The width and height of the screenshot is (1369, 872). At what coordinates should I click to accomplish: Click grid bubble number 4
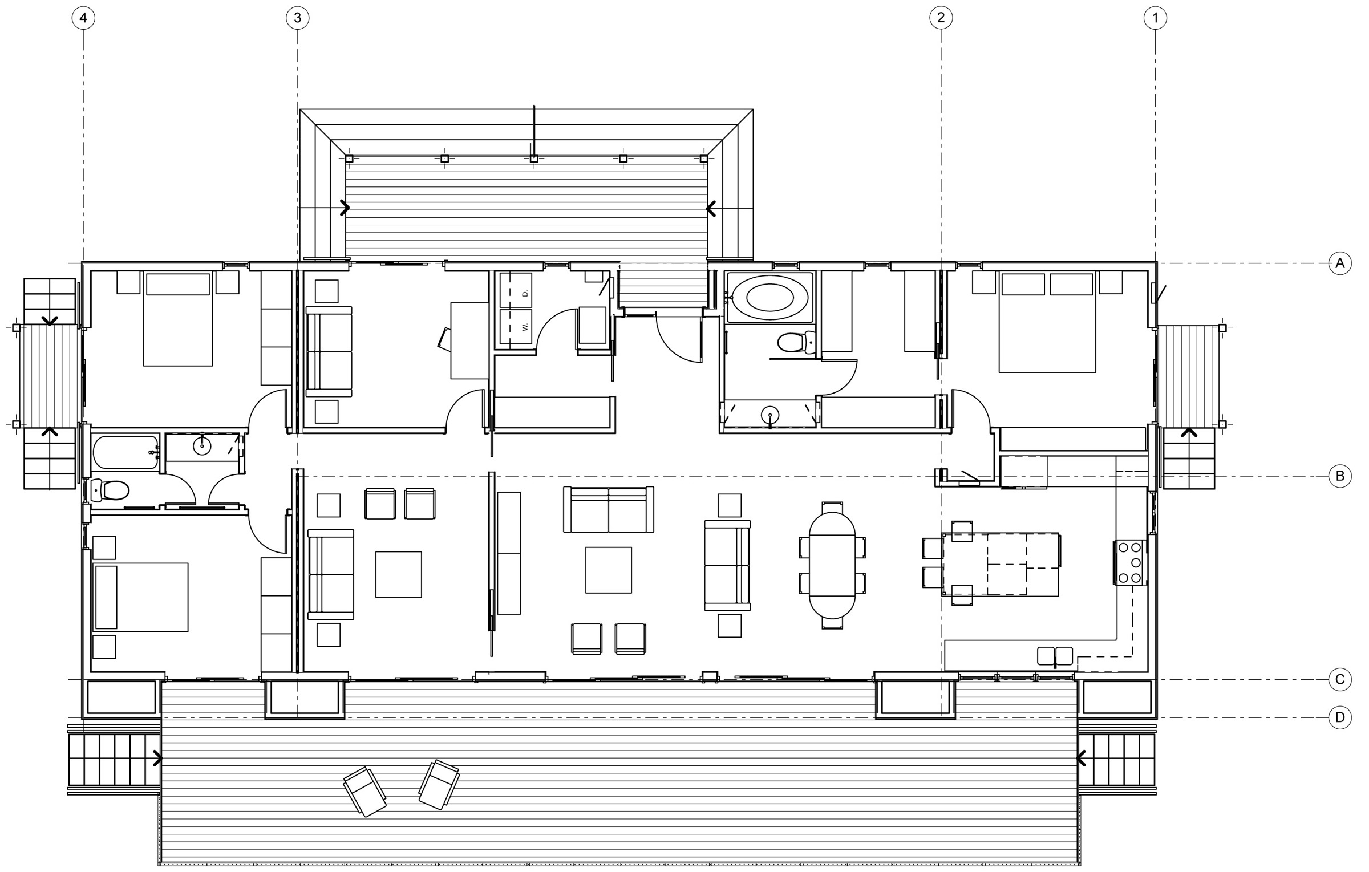click(83, 18)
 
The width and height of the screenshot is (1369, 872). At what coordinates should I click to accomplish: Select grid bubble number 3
click(297, 18)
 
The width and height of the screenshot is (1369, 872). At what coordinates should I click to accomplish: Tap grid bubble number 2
click(941, 18)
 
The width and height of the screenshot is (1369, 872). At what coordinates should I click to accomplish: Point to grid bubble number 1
click(1155, 18)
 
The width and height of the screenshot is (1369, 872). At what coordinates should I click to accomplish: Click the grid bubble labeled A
click(1340, 263)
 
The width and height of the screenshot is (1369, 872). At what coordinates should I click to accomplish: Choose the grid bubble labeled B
click(1340, 476)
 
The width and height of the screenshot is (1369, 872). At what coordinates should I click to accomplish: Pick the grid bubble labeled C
click(1340, 679)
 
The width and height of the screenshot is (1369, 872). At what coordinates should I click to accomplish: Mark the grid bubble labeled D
click(1340, 717)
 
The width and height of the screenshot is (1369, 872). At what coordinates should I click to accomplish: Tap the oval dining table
click(832, 565)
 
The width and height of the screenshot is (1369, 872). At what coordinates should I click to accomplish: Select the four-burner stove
click(1130, 562)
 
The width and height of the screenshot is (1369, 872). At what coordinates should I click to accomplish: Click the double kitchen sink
click(1055, 656)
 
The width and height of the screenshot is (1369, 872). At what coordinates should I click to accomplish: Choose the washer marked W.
click(516, 327)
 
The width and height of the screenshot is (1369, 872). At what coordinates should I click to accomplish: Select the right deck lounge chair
click(439, 784)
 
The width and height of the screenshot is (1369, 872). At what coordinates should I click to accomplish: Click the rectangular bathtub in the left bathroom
click(125, 453)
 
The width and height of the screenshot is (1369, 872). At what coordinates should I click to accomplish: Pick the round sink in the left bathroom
click(202, 447)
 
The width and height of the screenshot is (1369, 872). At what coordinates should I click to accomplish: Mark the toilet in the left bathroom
click(112, 490)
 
